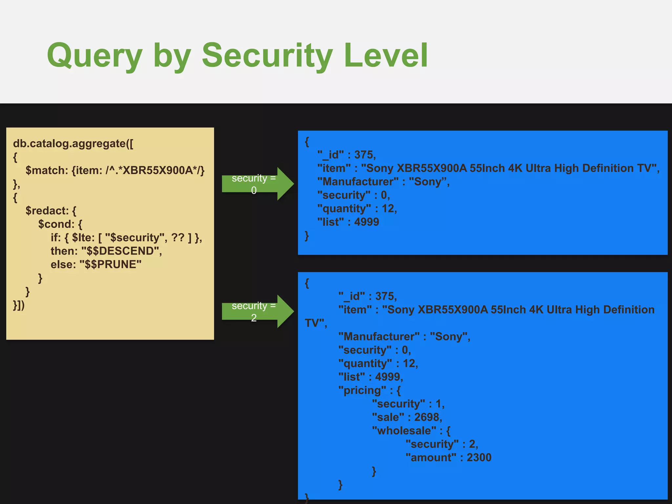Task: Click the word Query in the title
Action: point(94,56)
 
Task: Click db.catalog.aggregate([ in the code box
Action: point(73,143)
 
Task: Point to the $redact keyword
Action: point(46,211)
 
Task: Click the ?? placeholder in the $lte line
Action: point(178,238)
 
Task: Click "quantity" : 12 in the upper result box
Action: point(357,209)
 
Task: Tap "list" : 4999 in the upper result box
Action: point(348,222)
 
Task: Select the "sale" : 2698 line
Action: point(407,417)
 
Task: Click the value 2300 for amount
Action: point(479,458)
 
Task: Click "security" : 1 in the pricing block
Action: point(408,404)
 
